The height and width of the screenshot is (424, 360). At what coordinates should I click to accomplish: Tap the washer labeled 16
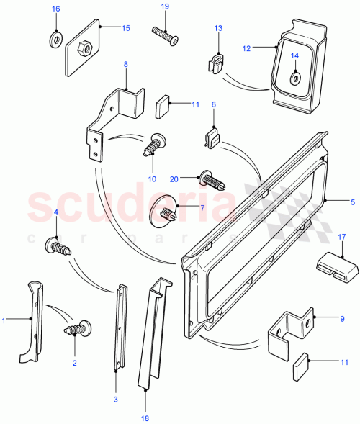pos(55,37)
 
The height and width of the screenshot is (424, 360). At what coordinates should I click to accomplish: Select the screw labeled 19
pos(164,32)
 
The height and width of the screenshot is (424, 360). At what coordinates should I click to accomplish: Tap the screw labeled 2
pos(77,330)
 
